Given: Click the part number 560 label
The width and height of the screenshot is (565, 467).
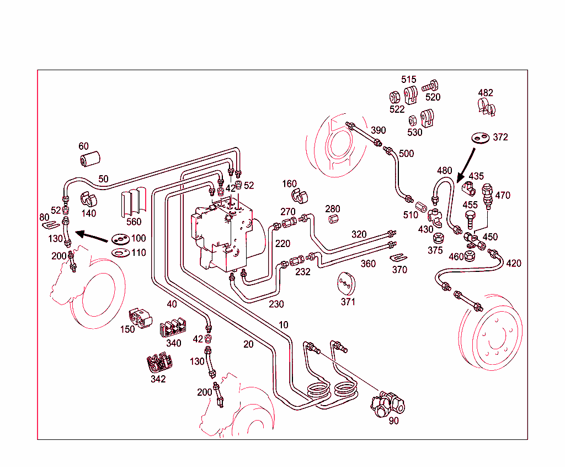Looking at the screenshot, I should click(x=134, y=222).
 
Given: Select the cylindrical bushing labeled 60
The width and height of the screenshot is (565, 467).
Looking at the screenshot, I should click(x=89, y=159).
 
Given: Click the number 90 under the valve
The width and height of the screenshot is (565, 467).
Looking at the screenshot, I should click(x=393, y=421).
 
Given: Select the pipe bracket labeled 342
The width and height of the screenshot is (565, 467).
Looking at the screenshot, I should click(x=159, y=363).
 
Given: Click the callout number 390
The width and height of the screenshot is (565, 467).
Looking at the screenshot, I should click(x=378, y=130).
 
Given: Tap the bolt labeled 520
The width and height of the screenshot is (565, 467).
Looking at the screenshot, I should click(x=430, y=86).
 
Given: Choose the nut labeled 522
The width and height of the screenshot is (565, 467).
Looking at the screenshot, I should click(x=395, y=96).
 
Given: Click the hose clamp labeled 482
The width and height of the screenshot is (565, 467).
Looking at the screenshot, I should click(x=486, y=107).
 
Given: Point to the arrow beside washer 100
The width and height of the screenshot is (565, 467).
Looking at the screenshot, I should click(x=92, y=237).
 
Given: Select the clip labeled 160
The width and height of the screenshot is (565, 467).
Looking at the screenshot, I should click(x=299, y=196).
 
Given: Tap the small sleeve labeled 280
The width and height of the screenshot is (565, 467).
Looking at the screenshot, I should click(x=333, y=219).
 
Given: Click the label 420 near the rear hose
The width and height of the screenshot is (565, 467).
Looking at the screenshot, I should click(x=513, y=264).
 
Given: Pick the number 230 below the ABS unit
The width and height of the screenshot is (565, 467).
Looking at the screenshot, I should click(x=276, y=304).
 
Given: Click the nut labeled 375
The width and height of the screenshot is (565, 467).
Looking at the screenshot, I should click(x=436, y=239).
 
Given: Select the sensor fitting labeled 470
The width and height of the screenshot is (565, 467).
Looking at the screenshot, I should click(x=487, y=195).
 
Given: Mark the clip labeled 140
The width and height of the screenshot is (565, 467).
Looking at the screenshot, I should click(x=88, y=199).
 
